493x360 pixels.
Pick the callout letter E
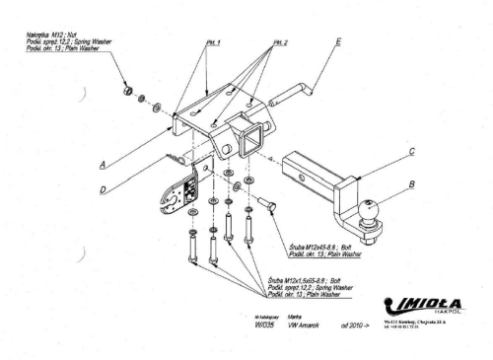[x=338, y=41]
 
